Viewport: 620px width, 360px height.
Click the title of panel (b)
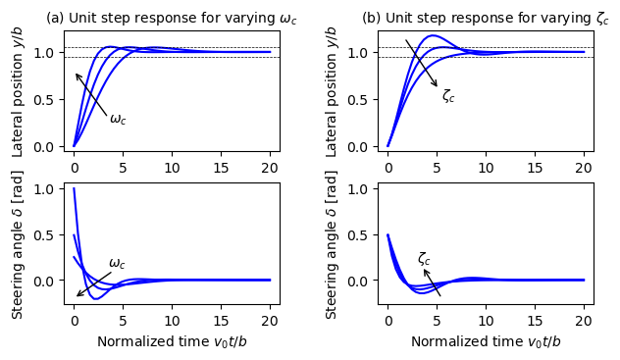pyautogui.click(x=486, y=19)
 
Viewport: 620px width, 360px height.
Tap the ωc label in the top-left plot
pyautogui.click(x=118, y=120)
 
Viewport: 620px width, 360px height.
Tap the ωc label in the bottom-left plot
pyautogui.click(x=117, y=263)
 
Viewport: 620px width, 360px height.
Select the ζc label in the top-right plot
pyautogui.click(x=448, y=95)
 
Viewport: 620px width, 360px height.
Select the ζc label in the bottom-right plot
pyautogui.click(x=424, y=258)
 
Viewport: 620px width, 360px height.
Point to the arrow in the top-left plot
pyautogui.click(x=91, y=95)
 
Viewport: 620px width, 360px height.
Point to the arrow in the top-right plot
pyautogui.click(x=422, y=64)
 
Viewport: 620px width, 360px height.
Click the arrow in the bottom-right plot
pyautogui.click(x=432, y=282)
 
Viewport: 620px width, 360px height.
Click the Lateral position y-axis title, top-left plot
pyautogui.click(x=19, y=91)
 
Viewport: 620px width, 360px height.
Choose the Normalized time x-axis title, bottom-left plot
pyautogui.click(x=172, y=341)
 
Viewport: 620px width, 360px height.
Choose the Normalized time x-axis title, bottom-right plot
pyautogui.click(x=486, y=341)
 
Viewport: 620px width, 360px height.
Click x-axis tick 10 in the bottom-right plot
pyautogui.click(x=486, y=320)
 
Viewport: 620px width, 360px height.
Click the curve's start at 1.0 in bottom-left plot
pyautogui.click(x=75, y=189)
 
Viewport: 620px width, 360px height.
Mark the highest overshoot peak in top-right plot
pyautogui.click(x=432, y=36)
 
